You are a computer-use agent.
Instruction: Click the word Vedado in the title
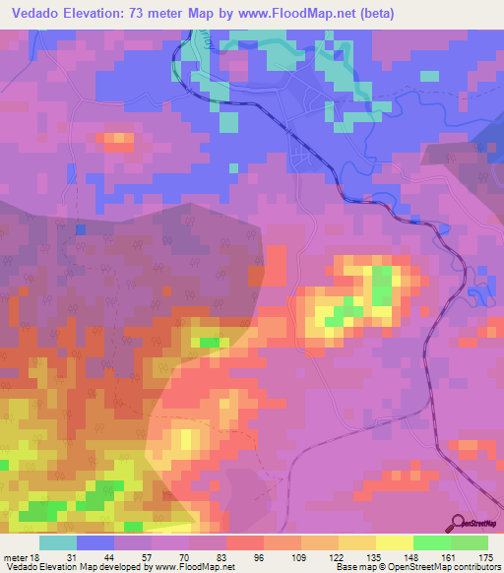[x=38, y=14]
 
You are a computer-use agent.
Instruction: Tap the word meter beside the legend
[x=14, y=557]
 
